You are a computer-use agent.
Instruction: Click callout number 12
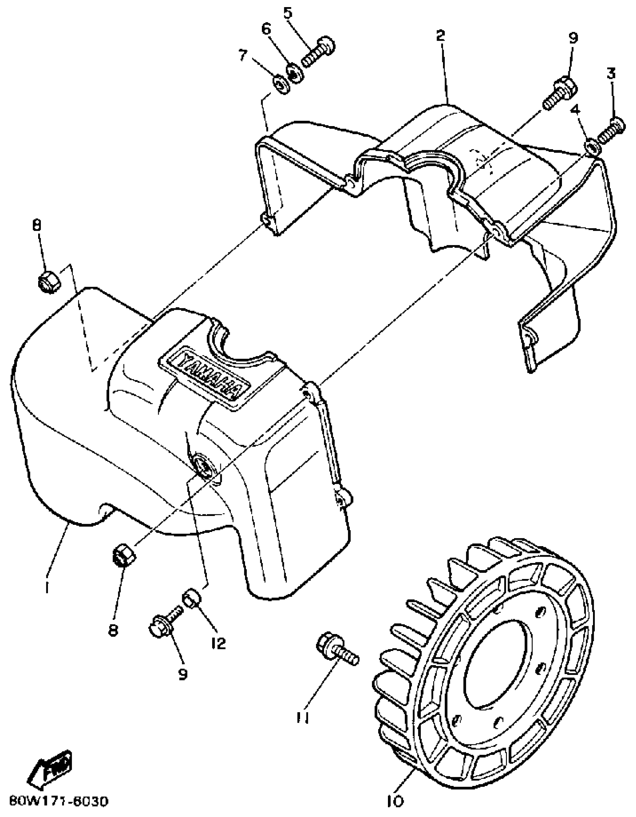click(x=218, y=643)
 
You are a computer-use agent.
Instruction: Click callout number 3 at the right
click(x=611, y=74)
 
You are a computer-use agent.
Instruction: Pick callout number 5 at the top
click(x=287, y=13)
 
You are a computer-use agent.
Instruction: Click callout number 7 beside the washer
click(x=243, y=56)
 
